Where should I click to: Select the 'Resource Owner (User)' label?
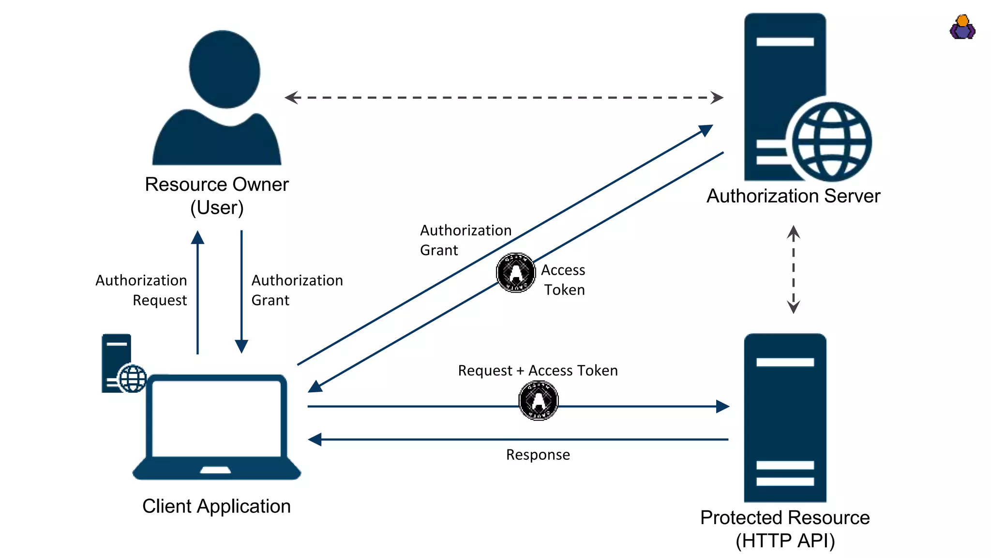(x=217, y=196)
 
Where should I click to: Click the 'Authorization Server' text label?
(x=793, y=196)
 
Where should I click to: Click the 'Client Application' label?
(x=216, y=506)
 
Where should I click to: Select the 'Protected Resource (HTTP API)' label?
(x=785, y=529)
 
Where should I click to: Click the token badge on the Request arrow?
(x=539, y=401)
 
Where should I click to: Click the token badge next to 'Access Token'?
(x=516, y=273)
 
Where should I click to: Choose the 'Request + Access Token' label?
(x=538, y=371)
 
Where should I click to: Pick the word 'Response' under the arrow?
(x=538, y=455)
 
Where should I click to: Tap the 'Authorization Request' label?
(x=141, y=290)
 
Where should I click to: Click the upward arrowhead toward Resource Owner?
(x=197, y=237)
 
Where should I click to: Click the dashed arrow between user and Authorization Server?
(x=503, y=97)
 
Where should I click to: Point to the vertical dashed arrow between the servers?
(x=793, y=269)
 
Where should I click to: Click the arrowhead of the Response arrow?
(x=315, y=439)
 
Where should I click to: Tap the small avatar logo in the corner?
(x=962, y=27)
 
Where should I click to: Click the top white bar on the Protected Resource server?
(x=785, y=362)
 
